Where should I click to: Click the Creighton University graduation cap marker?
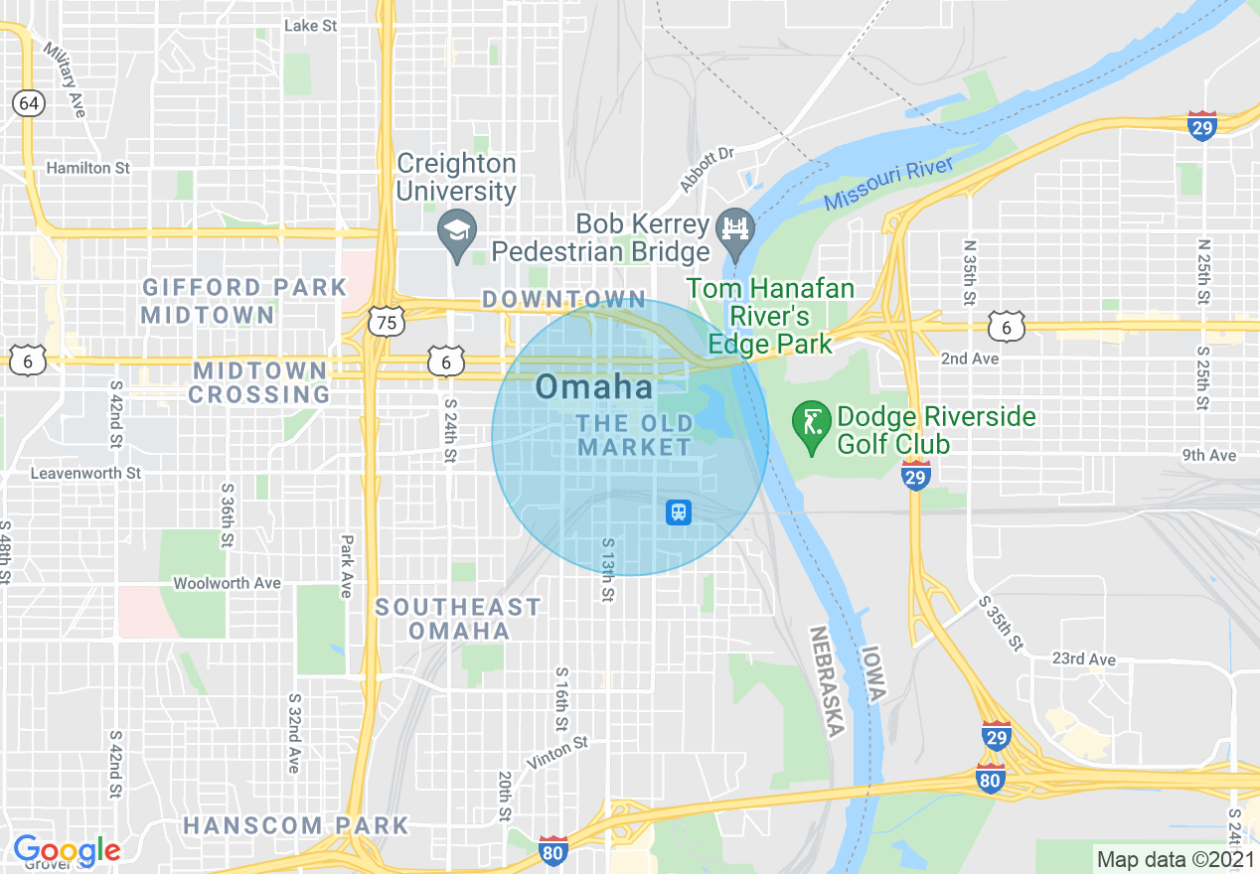[457, 233]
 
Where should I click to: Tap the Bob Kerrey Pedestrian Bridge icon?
[736, 229]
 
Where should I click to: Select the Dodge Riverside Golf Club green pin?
[812, 424]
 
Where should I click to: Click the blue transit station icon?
[679, 512]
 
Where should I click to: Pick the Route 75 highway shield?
[386, 323]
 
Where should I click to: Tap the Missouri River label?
[888, 184]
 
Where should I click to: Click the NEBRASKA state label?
[826, 681]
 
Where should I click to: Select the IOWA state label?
[872, 674]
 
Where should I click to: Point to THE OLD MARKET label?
[635, 435]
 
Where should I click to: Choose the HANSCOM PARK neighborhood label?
[295, 825]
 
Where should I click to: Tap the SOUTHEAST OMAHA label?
[458, 618]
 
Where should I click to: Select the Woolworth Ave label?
[227, 583]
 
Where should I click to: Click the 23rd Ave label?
[1083, 658]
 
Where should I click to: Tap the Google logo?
[66, 850]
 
